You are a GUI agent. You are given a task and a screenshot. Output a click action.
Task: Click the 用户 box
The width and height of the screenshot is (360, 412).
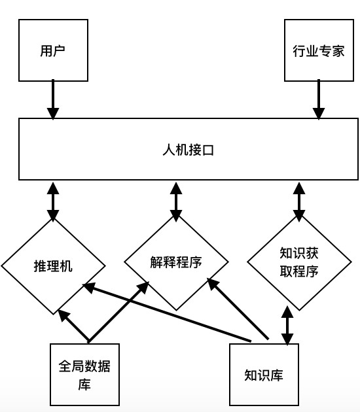tap(53, 50)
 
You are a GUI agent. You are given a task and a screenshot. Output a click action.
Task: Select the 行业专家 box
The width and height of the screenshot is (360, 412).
tap(319, 50)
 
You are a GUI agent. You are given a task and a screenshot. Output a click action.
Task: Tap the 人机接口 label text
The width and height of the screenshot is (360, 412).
tap(189, 150)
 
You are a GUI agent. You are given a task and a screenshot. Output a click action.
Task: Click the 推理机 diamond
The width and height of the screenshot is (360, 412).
tap(53, 266)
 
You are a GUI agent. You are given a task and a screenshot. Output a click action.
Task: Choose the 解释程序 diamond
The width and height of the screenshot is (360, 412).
tap(176, 262)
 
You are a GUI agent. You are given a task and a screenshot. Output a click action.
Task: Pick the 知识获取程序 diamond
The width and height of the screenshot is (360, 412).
tap(299, 262)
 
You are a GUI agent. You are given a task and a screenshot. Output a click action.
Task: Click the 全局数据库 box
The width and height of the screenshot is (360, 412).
tap(84, 375)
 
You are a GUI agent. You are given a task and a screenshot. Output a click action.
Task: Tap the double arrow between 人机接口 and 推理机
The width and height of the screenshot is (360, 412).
tap(53, 202)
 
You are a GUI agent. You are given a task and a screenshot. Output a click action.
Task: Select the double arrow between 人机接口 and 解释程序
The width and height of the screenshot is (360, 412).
tap(176, 201)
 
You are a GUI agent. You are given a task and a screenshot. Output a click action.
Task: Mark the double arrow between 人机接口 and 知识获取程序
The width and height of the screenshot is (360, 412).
tap(299, 201)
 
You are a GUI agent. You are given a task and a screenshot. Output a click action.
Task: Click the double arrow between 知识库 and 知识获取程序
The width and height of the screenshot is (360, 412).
tap(287, 326)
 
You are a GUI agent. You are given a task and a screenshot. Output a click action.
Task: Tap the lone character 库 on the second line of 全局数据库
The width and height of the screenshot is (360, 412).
tap(84, 385)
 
